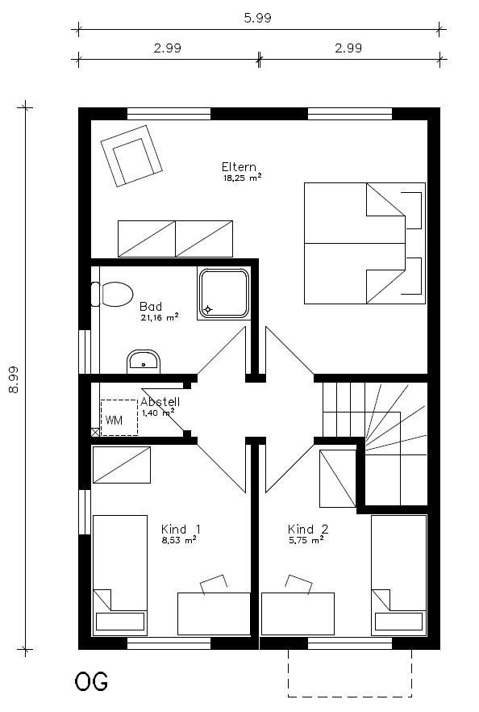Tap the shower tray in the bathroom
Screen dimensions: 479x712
coord(224,293)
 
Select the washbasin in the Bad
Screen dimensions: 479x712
coord(144,361)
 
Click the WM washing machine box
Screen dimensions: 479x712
coord(119,418)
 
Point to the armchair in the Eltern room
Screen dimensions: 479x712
coord(131,155)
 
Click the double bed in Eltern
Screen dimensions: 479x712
coord(364,243)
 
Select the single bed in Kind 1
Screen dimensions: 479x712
coord(119,575)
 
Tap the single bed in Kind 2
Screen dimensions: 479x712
coord(398,575)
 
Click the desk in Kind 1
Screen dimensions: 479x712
coord(214,614)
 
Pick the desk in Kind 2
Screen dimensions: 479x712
coord(298,614)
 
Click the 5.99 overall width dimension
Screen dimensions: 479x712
coord(258,18)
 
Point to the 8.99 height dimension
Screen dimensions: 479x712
coord(14,379)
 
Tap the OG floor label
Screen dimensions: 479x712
coord(91,681)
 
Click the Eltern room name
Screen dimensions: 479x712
coord(239,166)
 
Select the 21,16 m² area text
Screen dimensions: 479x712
coord(159,317)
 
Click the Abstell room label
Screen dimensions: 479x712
coord(160,401)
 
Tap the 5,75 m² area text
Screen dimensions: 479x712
coord(306,540)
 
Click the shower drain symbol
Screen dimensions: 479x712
coord(208,310)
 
